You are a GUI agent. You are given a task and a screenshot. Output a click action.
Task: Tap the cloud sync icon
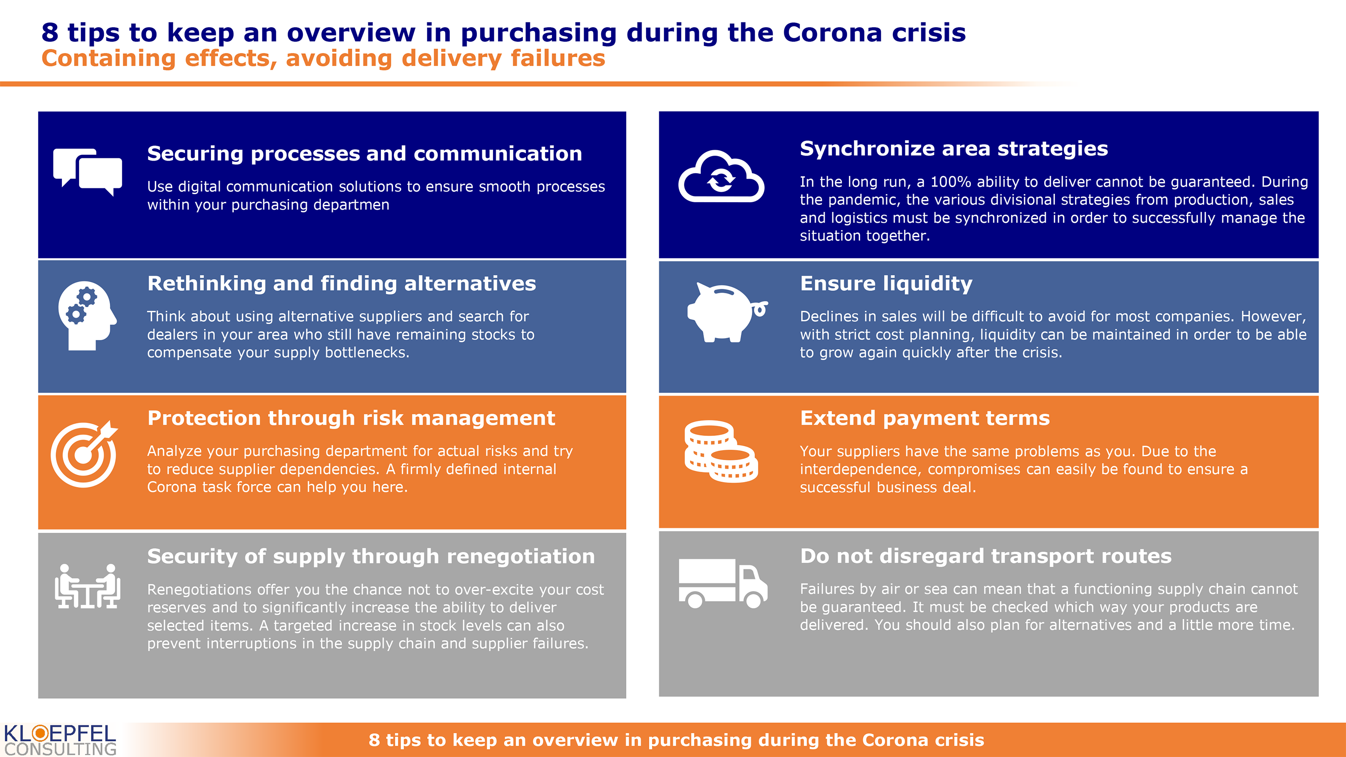(x=721, y=176)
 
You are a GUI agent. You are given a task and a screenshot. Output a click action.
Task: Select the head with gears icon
(x=87, y=316)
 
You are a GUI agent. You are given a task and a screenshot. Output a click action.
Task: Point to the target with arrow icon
(x=84, y=453)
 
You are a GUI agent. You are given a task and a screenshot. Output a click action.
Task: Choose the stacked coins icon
(x=721, y=452)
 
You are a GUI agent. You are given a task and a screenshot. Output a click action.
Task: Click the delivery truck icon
(x=723, y=583)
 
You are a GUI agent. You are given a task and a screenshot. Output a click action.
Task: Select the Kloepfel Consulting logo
(x=60, y=740)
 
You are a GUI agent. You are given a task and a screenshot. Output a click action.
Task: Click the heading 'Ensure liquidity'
(x=886, y=284)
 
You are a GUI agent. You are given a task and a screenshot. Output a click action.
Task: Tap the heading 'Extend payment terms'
(x=925, y=418)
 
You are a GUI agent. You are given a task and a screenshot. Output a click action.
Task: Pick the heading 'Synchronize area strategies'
(x=953, y=149)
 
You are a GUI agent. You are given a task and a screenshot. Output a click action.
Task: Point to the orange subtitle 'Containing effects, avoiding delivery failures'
(x=323, y=58)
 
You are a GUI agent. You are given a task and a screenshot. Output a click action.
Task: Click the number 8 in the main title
(x=50, y=32)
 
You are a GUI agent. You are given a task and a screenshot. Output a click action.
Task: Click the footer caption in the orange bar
(x=676, y=740)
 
